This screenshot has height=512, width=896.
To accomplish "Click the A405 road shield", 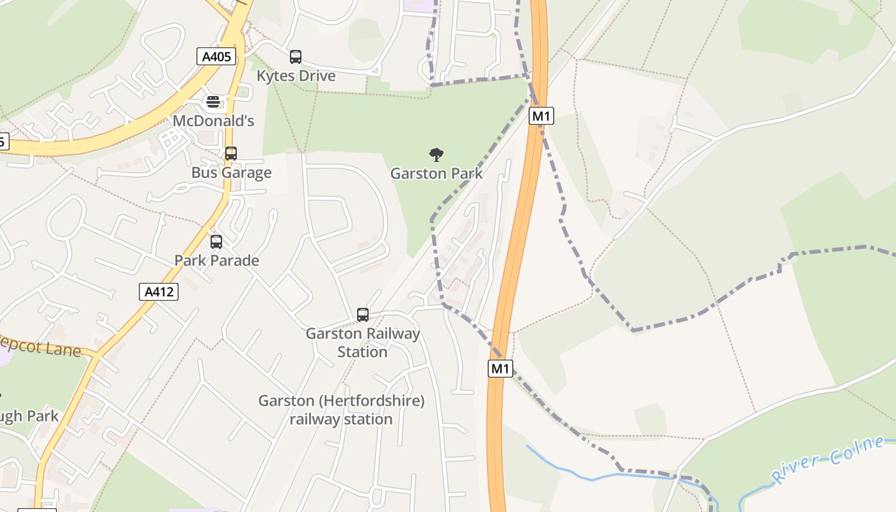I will (x=216, y=56).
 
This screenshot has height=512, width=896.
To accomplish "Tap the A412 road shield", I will (x=159, y=292).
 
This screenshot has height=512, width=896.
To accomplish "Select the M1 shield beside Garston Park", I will (x=541, y=116).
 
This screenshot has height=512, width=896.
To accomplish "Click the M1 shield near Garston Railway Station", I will (x=500, y=368).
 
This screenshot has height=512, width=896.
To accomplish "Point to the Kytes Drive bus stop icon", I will (x=296, y=57).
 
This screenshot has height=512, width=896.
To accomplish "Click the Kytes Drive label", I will (x=296, y=76).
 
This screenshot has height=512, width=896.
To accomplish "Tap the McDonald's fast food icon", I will (x=213, y=102).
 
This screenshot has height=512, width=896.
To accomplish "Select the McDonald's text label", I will (x=213, y=120).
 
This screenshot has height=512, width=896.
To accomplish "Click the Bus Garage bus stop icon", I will (x=231, y=154).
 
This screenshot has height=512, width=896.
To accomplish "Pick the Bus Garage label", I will (x=231, y=173).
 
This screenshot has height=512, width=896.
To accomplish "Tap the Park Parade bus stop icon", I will (x=216, y=242).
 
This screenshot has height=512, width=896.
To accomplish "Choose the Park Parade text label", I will (x=216, y=260).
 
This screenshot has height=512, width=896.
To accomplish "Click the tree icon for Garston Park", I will (x=436, y=154).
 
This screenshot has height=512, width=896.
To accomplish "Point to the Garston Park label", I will (x=436, y=173).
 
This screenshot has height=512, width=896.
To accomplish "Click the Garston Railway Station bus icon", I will (x=363, y=315).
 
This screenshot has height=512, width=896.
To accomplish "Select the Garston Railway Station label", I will (x=363, y=342).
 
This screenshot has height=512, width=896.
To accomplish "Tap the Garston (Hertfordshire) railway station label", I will (x=341, y=410).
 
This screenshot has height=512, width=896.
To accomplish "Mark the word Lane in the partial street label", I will (x=65, y=349).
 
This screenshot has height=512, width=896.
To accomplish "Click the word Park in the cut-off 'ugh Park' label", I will (x=44, y=416).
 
